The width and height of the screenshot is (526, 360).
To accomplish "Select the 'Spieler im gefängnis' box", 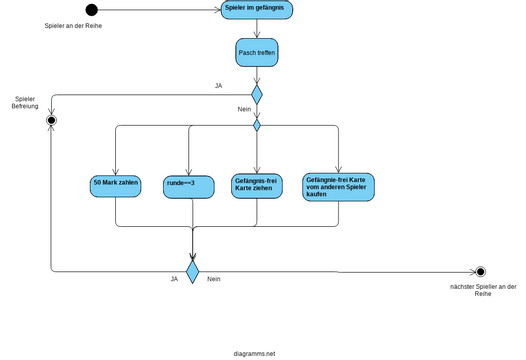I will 257,11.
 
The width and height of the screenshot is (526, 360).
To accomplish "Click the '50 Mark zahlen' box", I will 116,186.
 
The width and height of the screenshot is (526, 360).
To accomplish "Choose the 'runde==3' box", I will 188,187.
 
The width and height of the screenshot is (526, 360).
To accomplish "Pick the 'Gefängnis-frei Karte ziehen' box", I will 257,185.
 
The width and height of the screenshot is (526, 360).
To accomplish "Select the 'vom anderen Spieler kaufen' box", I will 339,186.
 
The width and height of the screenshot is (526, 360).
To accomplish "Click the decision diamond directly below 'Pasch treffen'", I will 257,95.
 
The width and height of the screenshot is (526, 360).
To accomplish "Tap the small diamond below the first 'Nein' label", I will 257,125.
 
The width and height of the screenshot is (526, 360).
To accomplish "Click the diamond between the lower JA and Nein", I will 192,271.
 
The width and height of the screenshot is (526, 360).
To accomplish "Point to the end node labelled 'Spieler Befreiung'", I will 51,120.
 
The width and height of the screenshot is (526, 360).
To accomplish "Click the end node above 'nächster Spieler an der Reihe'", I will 481,271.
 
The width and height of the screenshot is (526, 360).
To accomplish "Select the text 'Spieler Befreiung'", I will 25,103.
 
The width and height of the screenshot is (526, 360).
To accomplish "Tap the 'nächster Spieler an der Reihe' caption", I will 483,290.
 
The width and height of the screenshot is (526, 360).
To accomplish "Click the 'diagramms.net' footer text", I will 254,353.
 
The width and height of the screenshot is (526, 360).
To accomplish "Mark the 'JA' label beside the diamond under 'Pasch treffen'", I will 219,86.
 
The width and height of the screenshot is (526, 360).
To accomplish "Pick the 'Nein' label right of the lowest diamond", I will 214,279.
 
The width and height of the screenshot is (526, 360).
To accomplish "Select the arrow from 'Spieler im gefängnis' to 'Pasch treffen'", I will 257,30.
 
